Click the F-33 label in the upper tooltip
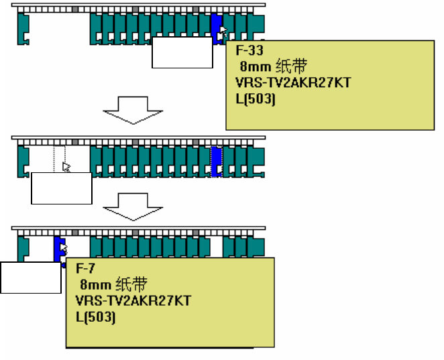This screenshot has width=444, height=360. pyautogui.click(x=249, y=50)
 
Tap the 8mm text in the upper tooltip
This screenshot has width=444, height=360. pyautogui.click(x=255, y=66)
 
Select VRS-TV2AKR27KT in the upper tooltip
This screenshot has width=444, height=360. pyautogui.click(x=293, y=82)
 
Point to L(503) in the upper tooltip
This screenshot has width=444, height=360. pyautogui.click(x=256, y=99)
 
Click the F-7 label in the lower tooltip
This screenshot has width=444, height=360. pyautogui.click(x=85, y=268)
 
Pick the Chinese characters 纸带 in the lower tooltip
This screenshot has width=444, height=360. pyautogui.click(x=131, y=284)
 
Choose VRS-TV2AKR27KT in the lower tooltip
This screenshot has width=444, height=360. pyautogui.click(x=133, y=300)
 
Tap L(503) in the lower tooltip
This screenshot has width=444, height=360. pyautogui.click(x=96, y=317)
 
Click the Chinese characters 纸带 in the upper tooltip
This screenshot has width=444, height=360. pyautogui.click(x=291, y=66)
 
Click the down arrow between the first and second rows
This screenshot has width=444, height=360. pyautogui.click(x=133, y=111)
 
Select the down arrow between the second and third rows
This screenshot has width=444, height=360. pyautogui.click(x=133, y=207)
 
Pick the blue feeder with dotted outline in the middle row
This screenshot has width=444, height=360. pyautogui.click(x=217, y=162)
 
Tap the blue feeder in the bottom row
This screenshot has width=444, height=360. pyautogui.click(x=58, y=249)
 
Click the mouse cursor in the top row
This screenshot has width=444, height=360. pyautogui.click(x=224, y=32)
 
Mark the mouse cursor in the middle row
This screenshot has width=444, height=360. pyautogui.click(x=66, y=167)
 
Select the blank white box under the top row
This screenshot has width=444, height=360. pyautogui.click(x=182, y=52)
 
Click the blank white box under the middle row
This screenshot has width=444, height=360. pyautogui.click(x=62, y=188)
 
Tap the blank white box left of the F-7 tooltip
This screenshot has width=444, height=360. pyautogui.click(x=31, y=278)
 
